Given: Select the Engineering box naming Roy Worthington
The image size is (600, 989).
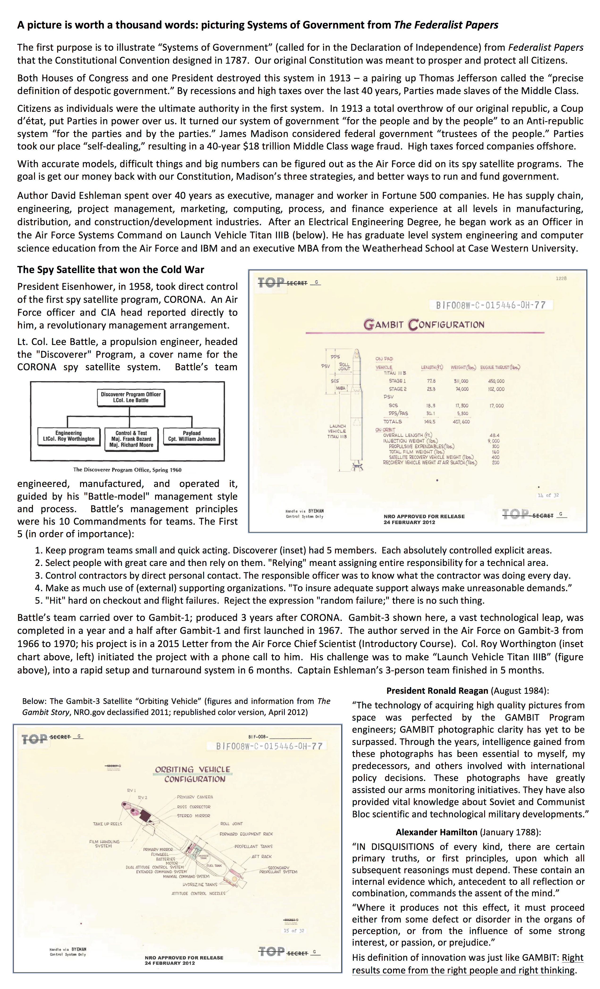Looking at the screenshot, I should coord(69,436).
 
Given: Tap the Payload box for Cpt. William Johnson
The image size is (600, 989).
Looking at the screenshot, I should coord(192,436).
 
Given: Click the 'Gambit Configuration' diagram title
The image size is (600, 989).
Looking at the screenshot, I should coord(424,324).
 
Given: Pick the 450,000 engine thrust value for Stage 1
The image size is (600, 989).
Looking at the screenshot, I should coord(496,381).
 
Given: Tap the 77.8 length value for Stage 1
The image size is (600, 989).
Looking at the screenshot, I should coord(431,381).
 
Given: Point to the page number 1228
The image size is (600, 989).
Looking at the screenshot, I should coord(561,278).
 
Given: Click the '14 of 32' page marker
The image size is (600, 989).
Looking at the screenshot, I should coord(548,495).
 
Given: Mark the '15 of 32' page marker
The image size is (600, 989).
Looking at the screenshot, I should coord(294,930).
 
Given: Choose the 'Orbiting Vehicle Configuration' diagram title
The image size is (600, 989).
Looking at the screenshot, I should coord(193,774).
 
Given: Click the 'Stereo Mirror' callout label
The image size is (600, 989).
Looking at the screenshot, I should coord(193,816).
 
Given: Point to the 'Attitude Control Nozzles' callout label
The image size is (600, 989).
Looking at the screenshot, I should coord(198,893).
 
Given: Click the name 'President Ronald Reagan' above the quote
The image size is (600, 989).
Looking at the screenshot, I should coord(437,691).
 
